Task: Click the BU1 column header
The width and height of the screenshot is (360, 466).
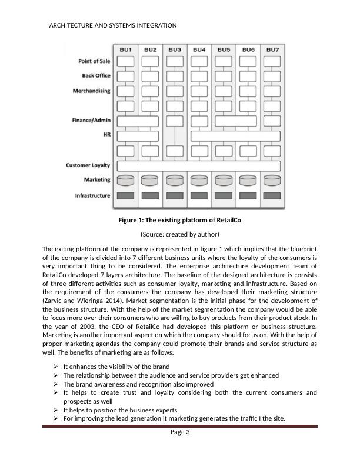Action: tap(126, 49)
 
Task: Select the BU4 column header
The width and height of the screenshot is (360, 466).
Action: tap(199, 49)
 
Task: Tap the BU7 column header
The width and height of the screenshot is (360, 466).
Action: tap(272, 49)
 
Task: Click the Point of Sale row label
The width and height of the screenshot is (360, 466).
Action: tap(94, 61)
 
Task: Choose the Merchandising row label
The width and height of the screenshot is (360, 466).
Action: tap(91, 91)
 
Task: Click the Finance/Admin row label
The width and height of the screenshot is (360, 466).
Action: tap(91, 121)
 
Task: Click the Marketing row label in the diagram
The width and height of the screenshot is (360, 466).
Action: tap(98, 180)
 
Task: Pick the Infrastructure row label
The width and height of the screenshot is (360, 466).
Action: tap(93, 195)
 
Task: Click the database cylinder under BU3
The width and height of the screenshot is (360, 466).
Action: tap(175, 180)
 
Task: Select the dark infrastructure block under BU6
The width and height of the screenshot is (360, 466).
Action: tap(248, 195)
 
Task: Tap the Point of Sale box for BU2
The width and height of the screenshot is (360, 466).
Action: tap(150, 61)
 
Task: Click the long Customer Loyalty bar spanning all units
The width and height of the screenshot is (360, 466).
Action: tap(199, 165)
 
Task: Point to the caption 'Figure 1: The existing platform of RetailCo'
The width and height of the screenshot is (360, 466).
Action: tap(181, 221)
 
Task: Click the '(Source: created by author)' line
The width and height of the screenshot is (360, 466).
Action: tap(181, 234)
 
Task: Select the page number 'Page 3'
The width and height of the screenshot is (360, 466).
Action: tap(180, 433)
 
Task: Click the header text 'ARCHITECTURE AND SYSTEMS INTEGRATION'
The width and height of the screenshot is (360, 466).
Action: tap(113, 26)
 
